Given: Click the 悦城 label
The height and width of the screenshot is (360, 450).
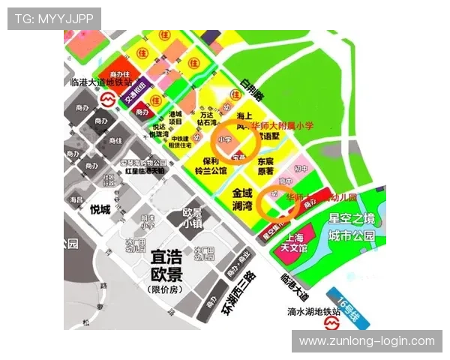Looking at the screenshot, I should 100,209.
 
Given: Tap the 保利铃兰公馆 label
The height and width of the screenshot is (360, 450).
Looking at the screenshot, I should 211,166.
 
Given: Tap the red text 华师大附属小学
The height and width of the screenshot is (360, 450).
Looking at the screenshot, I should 283,125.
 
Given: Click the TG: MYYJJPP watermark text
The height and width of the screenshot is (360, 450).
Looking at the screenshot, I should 54,18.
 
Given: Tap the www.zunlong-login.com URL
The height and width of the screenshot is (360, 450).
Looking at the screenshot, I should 366,341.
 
